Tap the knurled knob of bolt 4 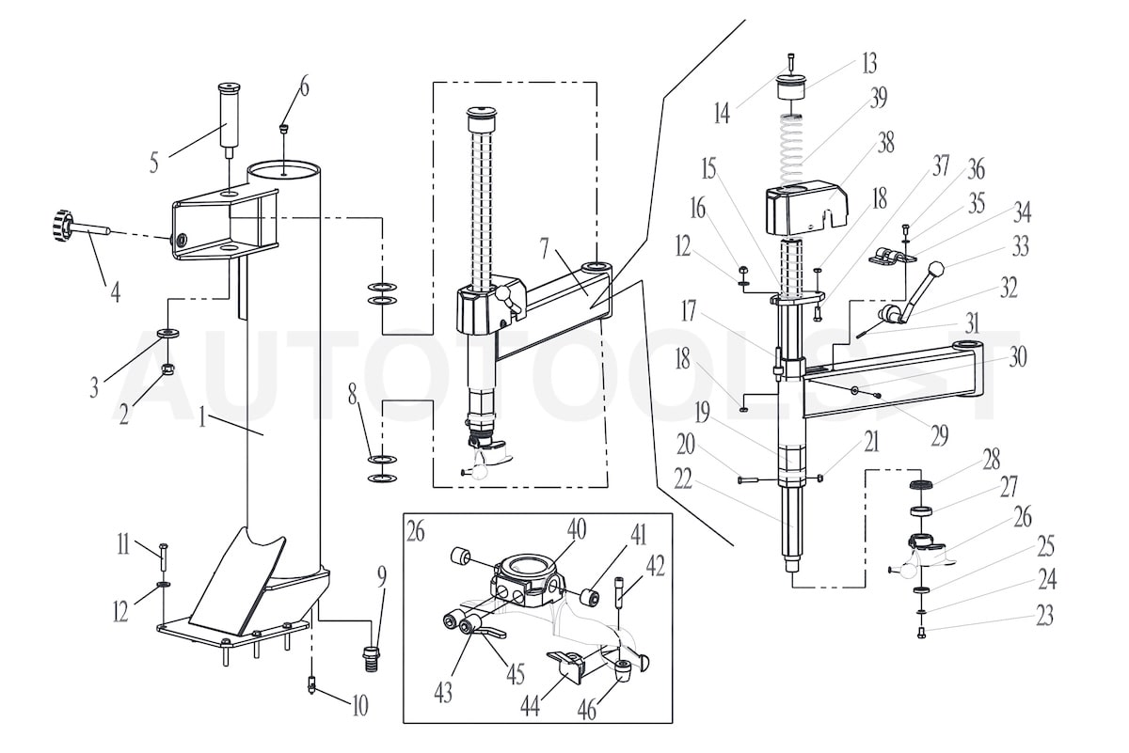click(62, 226)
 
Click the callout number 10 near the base click(359, 706)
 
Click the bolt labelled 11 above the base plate click(164, 557)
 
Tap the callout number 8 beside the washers click(353, 395)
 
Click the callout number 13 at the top click(868, 63)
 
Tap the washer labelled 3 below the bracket click(170, 334)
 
